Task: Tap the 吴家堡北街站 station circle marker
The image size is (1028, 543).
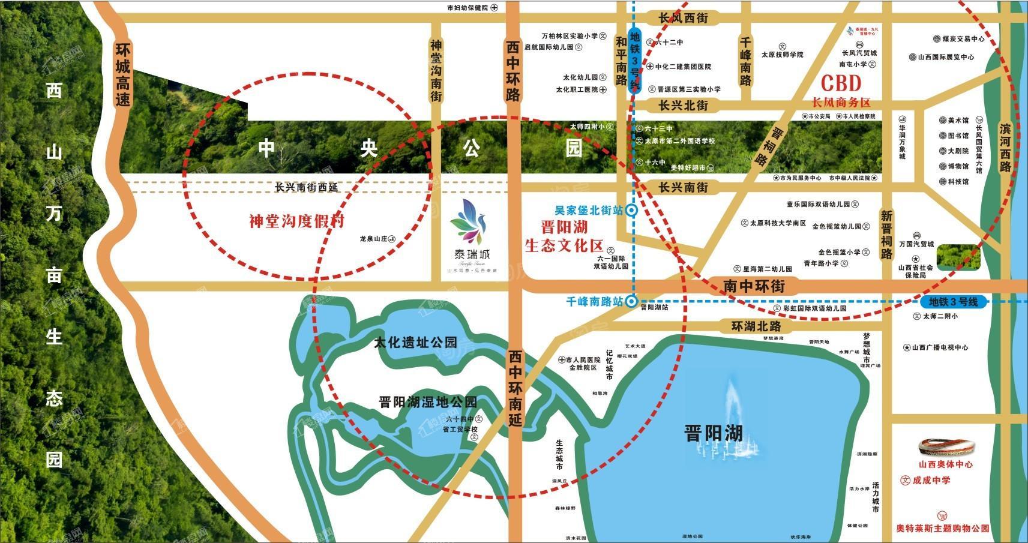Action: (x=632, y=211)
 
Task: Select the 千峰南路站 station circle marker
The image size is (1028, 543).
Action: (x=631, y=302)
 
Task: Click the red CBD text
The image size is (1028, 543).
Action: (x=841, y=83)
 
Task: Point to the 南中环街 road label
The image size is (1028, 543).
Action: (x=753, y=286)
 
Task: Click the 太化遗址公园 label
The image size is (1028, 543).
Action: (x=415, y=343)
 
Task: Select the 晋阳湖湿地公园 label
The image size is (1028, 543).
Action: (x=428, y=401)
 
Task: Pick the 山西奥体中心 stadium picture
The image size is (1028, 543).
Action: (x=946, y=448)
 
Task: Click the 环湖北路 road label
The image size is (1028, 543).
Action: (x=756, y=326)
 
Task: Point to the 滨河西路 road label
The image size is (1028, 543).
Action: (x=1005, y=147)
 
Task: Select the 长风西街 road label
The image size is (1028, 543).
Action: (x=683, y=19)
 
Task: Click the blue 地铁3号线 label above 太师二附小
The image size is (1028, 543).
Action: (x=953, y=302)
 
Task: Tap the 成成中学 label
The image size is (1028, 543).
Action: (x=931, y=481)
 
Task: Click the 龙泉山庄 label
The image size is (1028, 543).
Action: (x=375, y=239)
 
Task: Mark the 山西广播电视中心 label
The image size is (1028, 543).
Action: (x=939, y=348)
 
